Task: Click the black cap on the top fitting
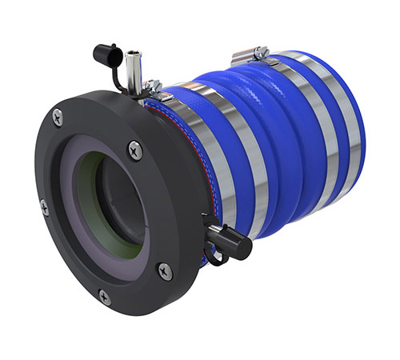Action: click(106, 54)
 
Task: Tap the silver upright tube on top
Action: click(134, 67)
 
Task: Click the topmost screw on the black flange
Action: click(58, 117)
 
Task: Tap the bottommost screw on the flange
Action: click(104, 297)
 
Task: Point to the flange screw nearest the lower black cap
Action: click(165, 271)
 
